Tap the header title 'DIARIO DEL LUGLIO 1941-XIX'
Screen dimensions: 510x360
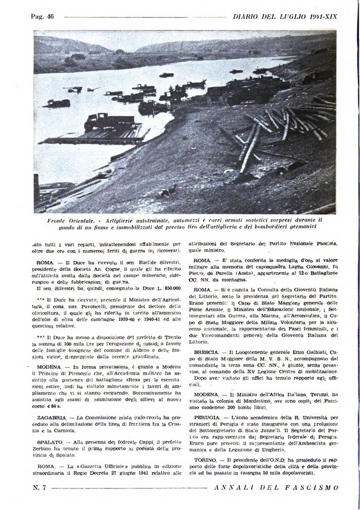[x=285, y=17]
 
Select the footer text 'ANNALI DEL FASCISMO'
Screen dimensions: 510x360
[x=277, y=487]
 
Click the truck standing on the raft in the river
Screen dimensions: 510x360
[x=103, y=122]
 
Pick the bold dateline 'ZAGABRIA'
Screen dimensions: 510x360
[x=50, y=417]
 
